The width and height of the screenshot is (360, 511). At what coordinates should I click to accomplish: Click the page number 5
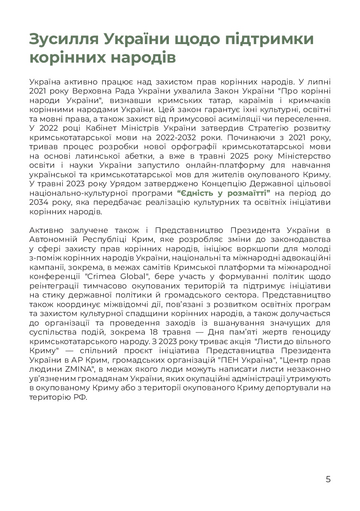(x=328, y=479)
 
